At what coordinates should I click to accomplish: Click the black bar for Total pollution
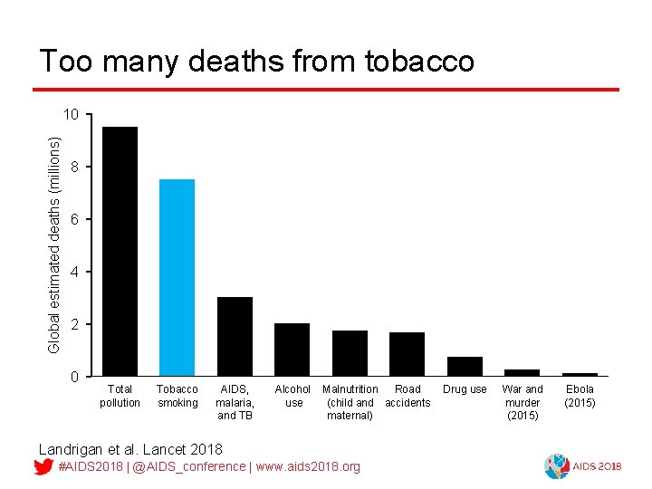120,251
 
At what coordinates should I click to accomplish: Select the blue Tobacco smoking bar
177,277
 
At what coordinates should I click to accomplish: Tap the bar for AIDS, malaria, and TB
235,336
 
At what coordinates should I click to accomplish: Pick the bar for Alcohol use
292,349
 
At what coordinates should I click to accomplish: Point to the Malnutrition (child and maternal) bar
350,352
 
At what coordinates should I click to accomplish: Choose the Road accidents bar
407,353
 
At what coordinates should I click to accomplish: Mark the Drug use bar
465,366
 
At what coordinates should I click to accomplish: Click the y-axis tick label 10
72,114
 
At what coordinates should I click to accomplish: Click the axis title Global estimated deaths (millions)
54,244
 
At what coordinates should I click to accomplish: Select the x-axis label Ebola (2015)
580,396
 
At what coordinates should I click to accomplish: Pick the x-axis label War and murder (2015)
523,402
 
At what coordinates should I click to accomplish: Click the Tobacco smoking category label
177,396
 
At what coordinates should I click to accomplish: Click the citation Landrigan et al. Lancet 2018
129,448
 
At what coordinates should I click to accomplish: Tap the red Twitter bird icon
43,466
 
